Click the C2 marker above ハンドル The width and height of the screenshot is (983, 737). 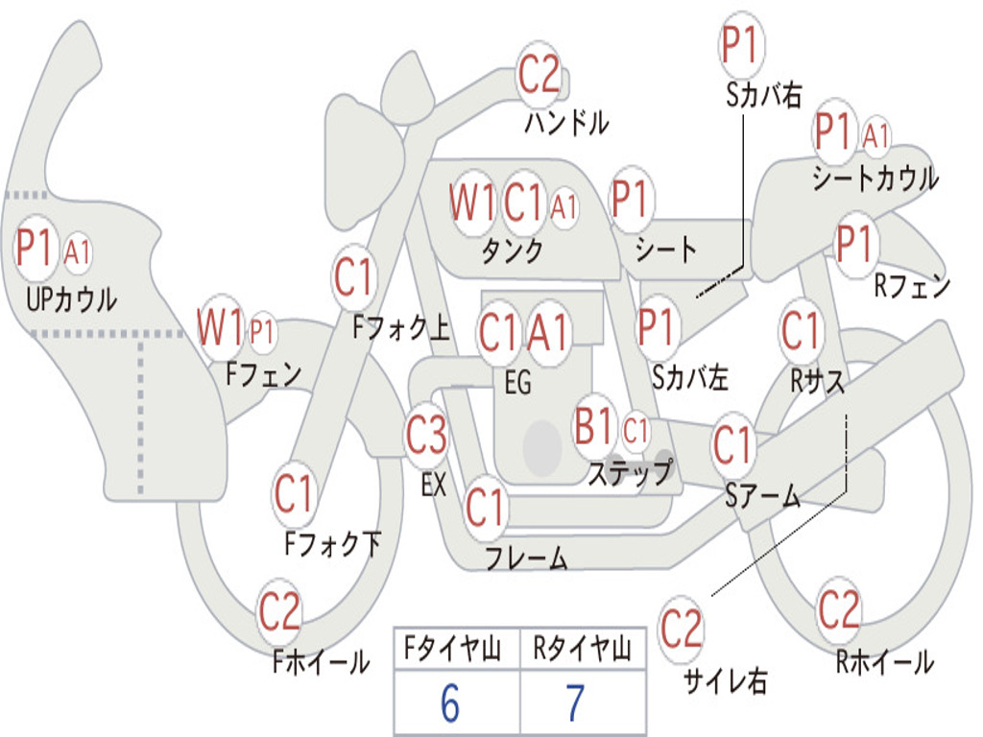point(539,75)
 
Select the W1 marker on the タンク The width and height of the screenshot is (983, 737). point(472,203)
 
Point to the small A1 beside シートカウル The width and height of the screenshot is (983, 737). point(875,136)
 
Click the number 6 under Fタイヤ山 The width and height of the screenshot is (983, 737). point(450,703)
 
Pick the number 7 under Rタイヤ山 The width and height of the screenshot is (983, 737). point(575,703)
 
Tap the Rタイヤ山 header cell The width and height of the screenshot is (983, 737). point(582,651)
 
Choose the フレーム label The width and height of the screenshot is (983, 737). point(526,557)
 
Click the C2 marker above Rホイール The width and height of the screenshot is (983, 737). point(838,609)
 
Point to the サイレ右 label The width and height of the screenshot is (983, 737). point(725,680)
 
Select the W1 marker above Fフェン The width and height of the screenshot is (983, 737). point(220,328)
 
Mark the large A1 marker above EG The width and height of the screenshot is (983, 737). point(548,333)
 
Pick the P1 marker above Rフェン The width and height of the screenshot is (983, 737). point(852,245)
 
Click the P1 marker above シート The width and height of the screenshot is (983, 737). point(630,201)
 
